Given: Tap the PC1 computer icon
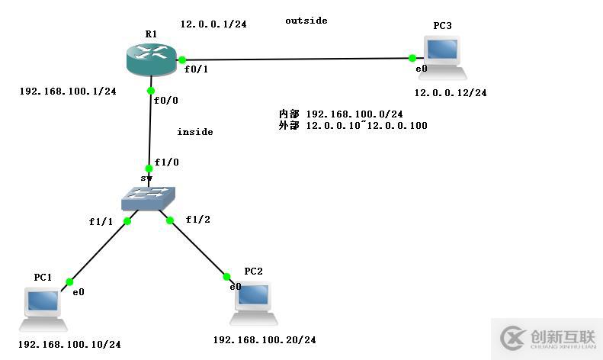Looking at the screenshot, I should [x=42, y=304].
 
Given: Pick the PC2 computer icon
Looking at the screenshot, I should [x=252, y=298].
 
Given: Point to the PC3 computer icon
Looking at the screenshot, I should [x=442, y=55].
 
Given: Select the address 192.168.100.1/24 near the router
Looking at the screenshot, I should [x=67, y=92].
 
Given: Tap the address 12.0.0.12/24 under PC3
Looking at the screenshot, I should [x=450, y=93].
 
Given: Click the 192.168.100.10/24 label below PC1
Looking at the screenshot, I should [x=69, y=345].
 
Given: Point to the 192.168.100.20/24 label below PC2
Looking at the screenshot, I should [x=265, y=339].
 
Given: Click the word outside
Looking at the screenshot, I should [x=306, y=21].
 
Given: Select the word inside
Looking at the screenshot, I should [x=194, y=132].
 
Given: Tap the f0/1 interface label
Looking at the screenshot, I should [x=197, y=69].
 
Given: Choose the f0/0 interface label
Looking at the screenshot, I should [x=165, y=100].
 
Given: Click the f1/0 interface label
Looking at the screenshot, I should [x=166, y=162].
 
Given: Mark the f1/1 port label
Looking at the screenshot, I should [x=101, y=222].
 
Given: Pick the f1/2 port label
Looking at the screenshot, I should [x=198, y=220].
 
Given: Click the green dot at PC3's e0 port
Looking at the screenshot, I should [x=412, y=58].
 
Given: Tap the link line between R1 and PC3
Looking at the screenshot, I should [x=297, y=59].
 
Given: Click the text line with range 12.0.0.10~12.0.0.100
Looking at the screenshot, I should [x=353, y=125].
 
